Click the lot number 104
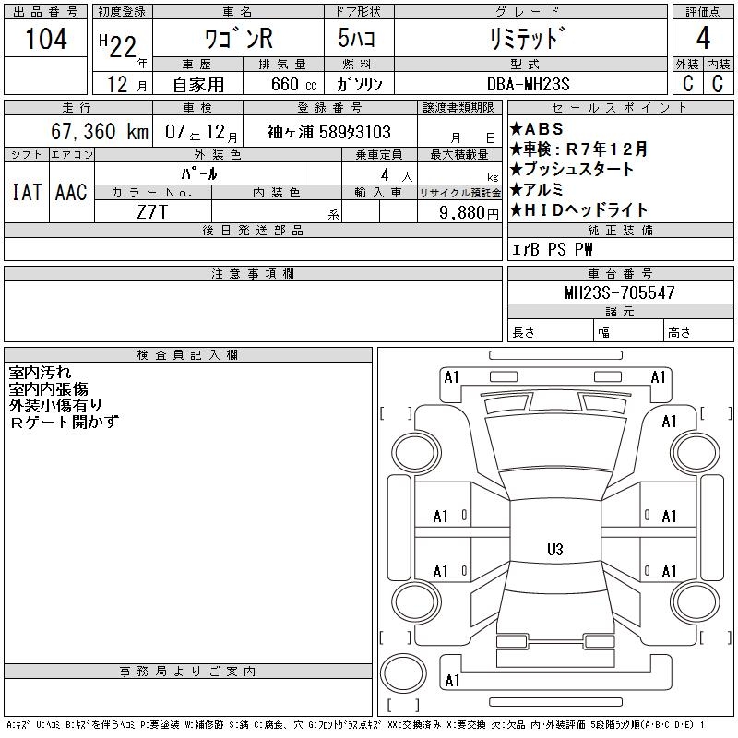[46, 39]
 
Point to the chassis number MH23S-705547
[619, 293]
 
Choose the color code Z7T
[151, 212]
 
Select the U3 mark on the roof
[554, 550]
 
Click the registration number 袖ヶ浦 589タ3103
[329, 132]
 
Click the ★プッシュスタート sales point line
[572, 170]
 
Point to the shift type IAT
[26, 192]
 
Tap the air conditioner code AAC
[71, 192]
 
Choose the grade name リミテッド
[524, 39]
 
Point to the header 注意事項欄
[253, 274]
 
